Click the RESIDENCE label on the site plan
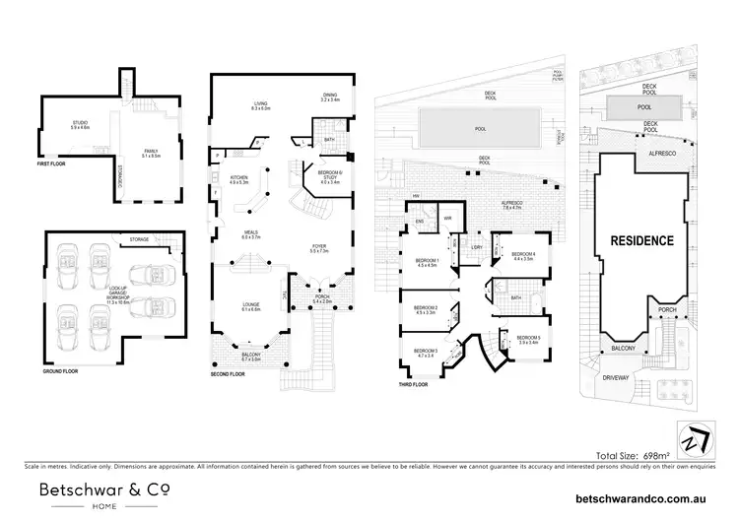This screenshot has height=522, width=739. click(640, 240)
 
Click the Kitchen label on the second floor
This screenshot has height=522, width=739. click(238, 179)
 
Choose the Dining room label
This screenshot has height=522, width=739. click(330, 97)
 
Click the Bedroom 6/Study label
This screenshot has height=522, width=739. click(329, 179)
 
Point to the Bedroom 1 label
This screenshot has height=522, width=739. click(427, 262)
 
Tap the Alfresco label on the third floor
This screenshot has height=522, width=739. click(512, 205)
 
